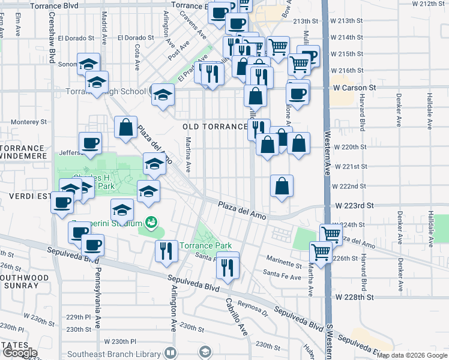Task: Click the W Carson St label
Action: tap(354, 88)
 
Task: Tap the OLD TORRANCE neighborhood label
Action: tap(215, 127)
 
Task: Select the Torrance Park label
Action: tap(206, 246)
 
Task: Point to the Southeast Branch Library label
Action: tap(113, 354)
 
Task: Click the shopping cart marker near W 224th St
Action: tap(331, 234)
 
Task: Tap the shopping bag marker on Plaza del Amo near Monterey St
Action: tap(126, 128)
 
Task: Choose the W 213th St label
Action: tap(356, 20)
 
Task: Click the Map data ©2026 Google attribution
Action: tap(412, 355)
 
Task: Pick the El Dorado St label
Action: tap(136, 37)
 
